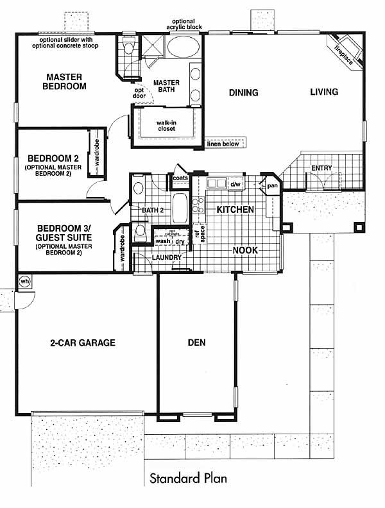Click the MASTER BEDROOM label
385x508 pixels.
64,81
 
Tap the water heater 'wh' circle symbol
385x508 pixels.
24,281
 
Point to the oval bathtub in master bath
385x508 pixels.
183,47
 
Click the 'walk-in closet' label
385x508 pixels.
166,126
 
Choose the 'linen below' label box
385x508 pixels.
223,143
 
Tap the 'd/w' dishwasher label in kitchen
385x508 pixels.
235,184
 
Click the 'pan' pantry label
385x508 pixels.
272,186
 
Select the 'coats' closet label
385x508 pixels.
180,178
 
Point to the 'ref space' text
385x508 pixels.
200,233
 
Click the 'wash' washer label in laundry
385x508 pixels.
163,241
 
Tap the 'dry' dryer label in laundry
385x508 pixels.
180,242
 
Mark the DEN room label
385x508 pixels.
196,343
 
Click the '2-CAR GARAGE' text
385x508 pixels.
83,343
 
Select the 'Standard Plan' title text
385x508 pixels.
188,478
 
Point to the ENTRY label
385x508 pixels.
321,168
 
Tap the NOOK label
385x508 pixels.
245,250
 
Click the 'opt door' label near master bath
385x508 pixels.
139,93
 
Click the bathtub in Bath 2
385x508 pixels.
180,208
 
